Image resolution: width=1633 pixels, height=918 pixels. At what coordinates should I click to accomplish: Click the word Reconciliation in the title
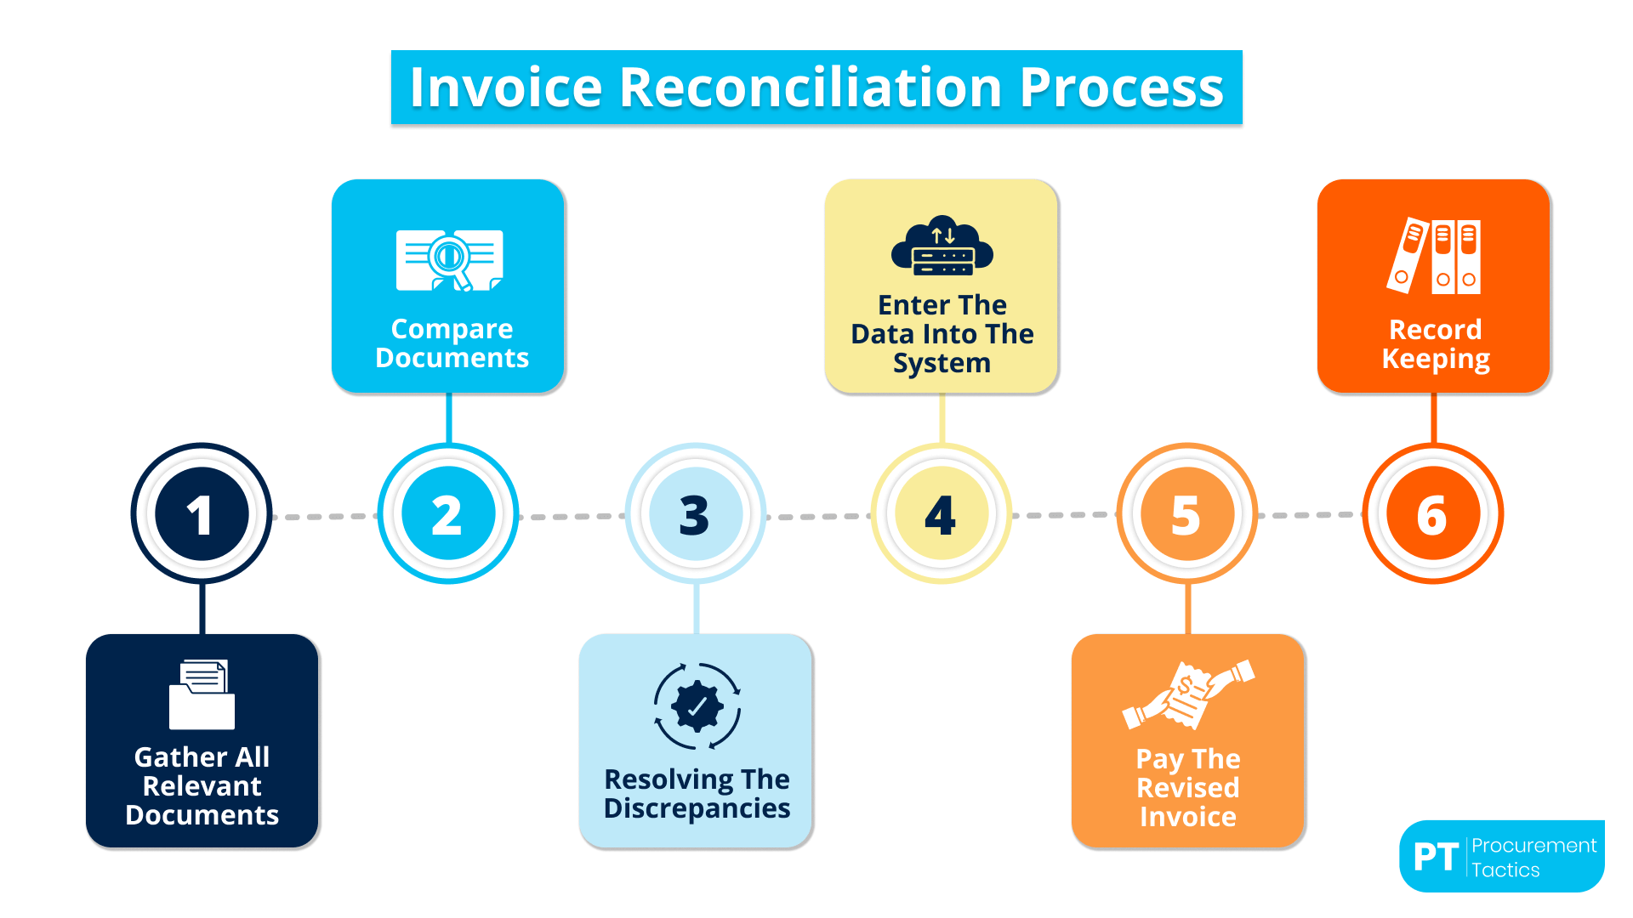tap(811, 88)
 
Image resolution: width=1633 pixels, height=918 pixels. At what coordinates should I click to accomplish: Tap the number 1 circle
tap(202, 513)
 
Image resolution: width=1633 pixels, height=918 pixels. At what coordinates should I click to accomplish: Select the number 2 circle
tap(448, 513)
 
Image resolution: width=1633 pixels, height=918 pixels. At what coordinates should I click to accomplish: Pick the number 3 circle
tap(695, 513)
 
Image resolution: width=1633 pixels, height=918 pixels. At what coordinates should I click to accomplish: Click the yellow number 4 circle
tap(942, 513)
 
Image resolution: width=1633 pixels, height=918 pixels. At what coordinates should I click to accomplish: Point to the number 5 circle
tap(1186, 513)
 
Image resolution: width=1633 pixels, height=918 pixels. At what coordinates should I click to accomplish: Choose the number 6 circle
tap(1433, 513)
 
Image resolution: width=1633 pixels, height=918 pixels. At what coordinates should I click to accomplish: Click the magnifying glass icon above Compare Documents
tap(449, 260)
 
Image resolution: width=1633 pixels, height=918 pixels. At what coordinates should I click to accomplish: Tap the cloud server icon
tap(942, 247)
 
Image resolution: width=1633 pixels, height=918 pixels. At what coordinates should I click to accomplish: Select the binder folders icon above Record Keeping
tap(1435, 256)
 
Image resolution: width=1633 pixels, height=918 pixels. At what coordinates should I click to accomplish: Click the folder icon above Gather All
tap(202, 694)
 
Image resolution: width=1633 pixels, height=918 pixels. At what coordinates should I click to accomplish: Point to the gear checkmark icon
tap(697, 705)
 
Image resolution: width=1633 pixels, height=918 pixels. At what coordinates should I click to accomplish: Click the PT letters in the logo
tap(1436, 857)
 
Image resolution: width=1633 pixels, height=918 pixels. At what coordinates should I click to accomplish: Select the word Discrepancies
tap(697, 808)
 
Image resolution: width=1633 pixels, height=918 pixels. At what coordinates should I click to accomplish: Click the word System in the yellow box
tap(942, 363)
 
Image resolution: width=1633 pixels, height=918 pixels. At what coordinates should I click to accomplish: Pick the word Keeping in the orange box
tap(1436, 359)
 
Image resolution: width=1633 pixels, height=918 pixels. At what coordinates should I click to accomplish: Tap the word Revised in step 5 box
tap(1187, 788)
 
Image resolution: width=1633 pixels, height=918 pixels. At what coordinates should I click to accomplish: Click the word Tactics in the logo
tap(1505, 870)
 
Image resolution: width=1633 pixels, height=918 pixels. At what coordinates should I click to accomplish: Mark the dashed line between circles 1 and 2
tap(325, 516)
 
